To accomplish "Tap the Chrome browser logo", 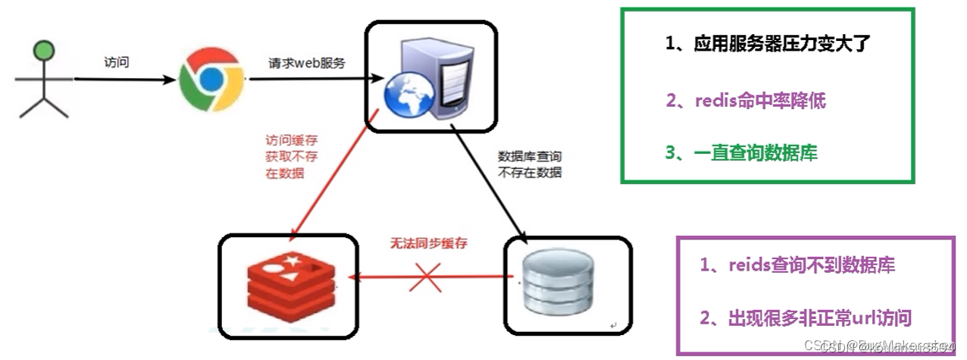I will point(211,80).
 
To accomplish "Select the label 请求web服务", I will point(307,64).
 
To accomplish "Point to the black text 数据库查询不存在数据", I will point(530,164).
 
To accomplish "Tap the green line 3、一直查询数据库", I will point(741,152).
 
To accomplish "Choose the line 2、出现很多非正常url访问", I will point(805,318).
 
